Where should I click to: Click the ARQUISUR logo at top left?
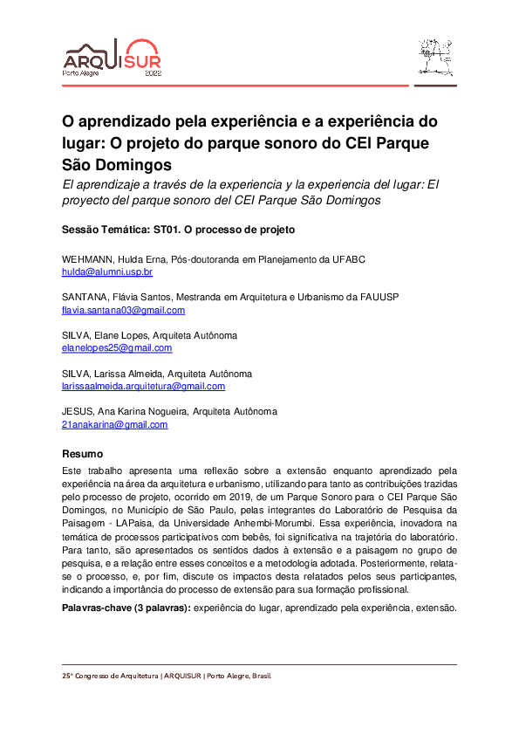pyautogui.click(x=111, y=58)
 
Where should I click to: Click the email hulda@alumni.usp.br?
pyautogui.click(x=107, y=272)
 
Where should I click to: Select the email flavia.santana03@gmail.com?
pyautogui.click(x=123, y=310)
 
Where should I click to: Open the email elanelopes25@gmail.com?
pyautogui.click(x=117, y=347)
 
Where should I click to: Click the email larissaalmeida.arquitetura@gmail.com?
pyautogui.click(x=143, y=386)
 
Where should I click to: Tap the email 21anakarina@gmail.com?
pyautogui.click(x=114, y=424)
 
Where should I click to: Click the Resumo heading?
pyautogui.click(x=82, y=455)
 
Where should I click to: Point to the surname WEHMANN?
pyautogui.click(x=85, y=260)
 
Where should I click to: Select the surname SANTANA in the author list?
pyautogui.click(x=83, y=298)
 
